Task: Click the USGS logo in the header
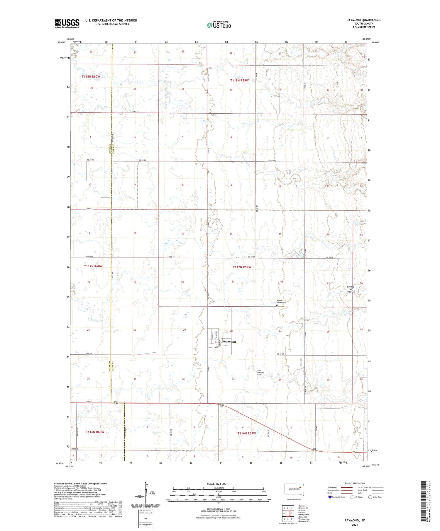coord(67,23)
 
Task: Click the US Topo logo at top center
coord(219,25)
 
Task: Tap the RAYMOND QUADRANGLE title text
coord(364,20)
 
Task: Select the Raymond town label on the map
coord(229,342)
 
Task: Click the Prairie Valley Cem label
coord(281,301)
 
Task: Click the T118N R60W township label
coord(91,76)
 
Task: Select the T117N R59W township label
coord(242,267)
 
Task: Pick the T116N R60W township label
coord(95,432)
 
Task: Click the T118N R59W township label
coord(239,80)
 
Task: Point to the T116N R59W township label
coord(246,433)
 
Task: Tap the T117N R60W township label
coord(93,266)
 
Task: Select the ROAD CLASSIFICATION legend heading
coord(355,483)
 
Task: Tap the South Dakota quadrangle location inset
coord(295,490)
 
